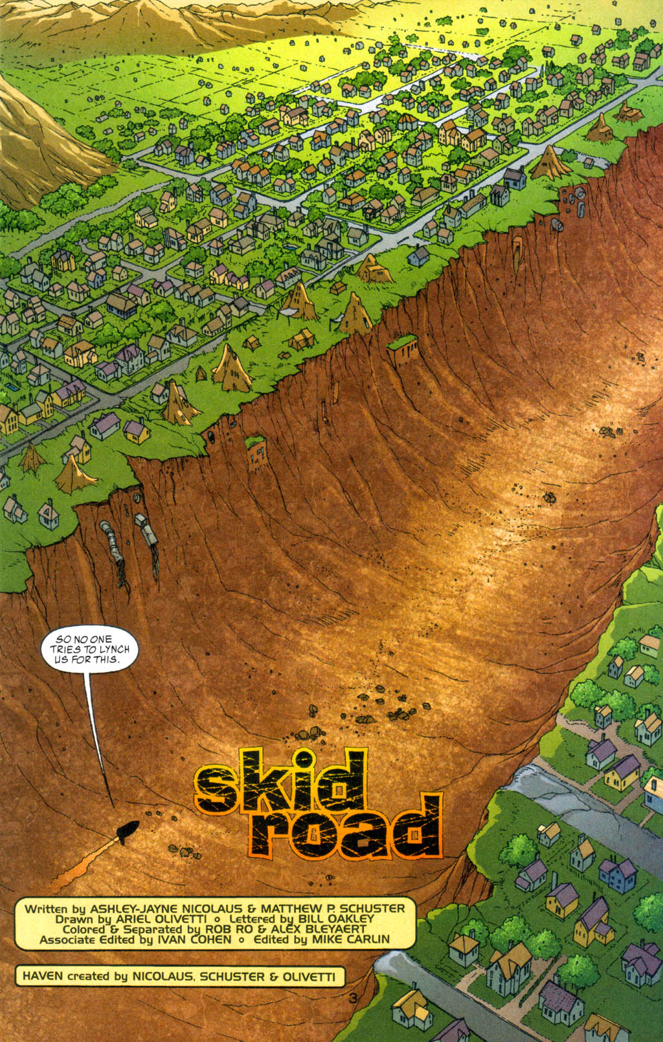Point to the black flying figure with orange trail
[x=126, y=832]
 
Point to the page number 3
[x=352, y=998]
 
